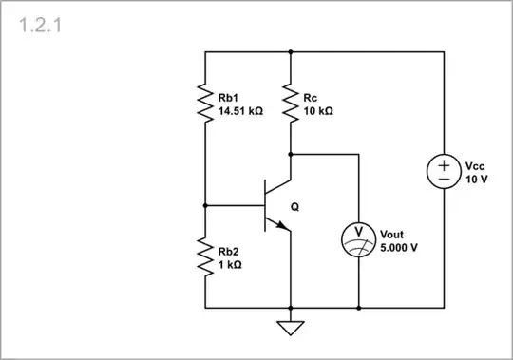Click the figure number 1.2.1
pos(40,25)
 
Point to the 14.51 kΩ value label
pos(240,110)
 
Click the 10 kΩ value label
pos(318,110)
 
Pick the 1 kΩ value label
pos(230,265)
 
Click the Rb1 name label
pos(228,96)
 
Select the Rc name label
pos(311,96)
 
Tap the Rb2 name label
pos(229,251)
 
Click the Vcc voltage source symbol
pos(444,171)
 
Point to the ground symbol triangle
pos(290,329)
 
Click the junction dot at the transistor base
pos(204,204)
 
